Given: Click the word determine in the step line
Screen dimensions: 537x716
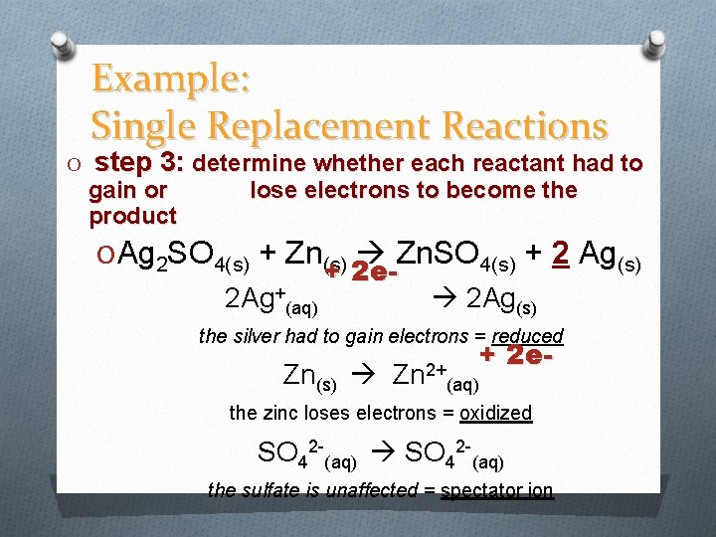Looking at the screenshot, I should (253, 163).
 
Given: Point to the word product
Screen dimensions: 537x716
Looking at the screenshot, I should (132, 216).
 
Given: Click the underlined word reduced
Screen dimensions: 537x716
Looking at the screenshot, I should (528, 336).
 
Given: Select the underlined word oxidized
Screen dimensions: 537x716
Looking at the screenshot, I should (495, 413).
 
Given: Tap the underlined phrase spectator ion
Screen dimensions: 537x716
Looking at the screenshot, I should (497, 489).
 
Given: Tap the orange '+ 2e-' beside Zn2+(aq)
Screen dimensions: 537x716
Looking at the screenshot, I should (515, 355).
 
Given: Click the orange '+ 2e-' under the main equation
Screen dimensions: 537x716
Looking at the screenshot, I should (355, 271).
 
